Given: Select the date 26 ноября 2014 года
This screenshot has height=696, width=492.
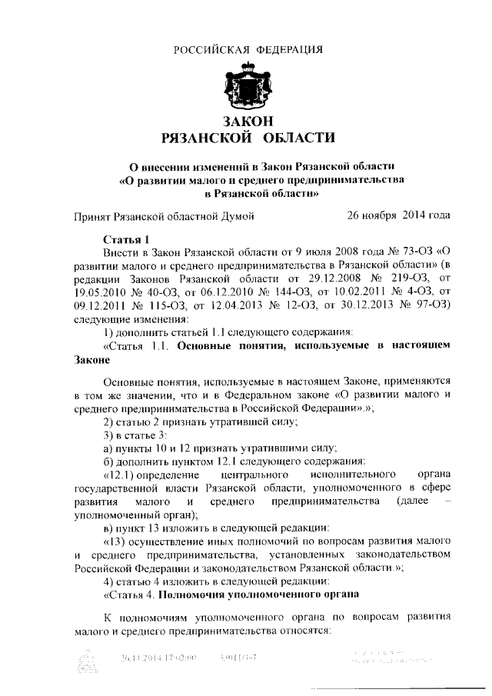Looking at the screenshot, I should click(398, 216).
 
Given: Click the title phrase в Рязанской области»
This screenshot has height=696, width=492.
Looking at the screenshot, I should click(246, 193).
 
